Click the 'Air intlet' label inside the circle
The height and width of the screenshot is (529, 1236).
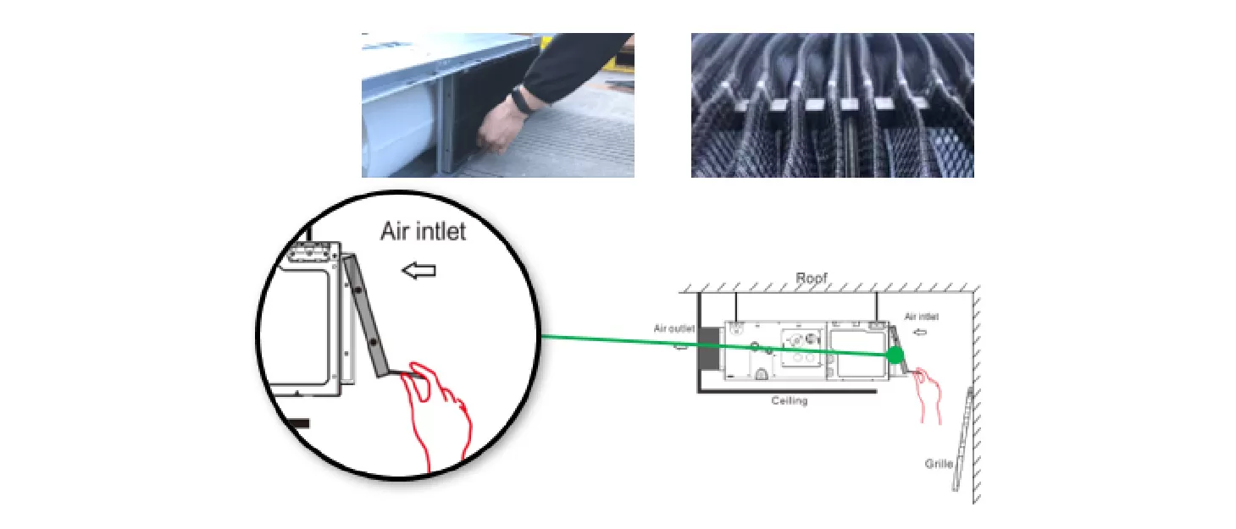pyautogui.click(x=424, y=231)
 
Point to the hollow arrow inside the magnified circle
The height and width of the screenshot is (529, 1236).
pyautogui.click(x=418, y=271)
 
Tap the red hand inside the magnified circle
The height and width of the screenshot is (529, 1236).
pyautogui.click(x=437, y=413)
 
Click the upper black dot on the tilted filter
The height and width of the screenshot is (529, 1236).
pyautogui.click(x=357, y=289)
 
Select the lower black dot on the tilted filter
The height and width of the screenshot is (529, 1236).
pyautogui.click(x=373, y=343)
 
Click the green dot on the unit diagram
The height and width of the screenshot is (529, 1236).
pyautogui.click(x=895, y=355)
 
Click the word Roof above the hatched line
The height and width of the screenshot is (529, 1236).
pyautogui.click(x=811, y=278)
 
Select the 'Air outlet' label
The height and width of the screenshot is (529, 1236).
pyautogui.click(x=673, y=328)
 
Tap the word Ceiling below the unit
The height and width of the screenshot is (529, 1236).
pyautogui.click(x=789, y=400)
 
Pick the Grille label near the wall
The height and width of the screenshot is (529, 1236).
pyautogui.click(x=939, y=464)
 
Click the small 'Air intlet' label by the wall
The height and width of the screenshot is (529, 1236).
pyautogui.click(x=922, y=317)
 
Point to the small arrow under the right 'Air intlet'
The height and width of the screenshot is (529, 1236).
pyautogui.click(x=920, y=332)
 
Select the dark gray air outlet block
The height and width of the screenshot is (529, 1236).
pyautogui.click(x=709, y=349)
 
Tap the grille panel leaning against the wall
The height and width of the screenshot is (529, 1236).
pyautogui.click(x=963, y=439)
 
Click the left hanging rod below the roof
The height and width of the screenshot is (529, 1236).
pyautogui.click(x=735, y=307)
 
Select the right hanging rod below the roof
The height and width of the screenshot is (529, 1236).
pyautogui.click(x=877, y=307)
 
